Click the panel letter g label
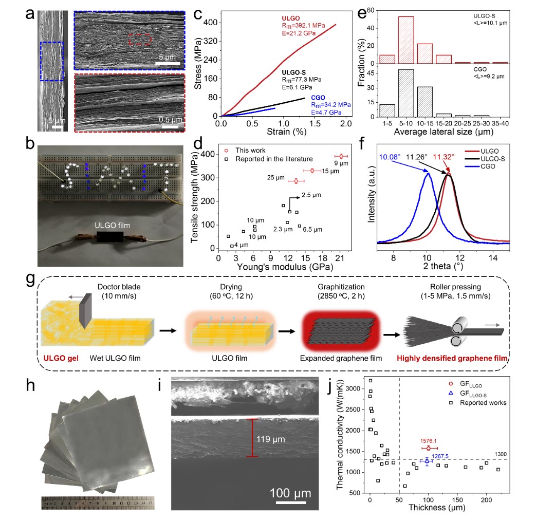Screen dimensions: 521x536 30,280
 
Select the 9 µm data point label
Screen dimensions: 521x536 342,163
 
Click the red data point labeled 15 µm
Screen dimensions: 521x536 312,171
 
